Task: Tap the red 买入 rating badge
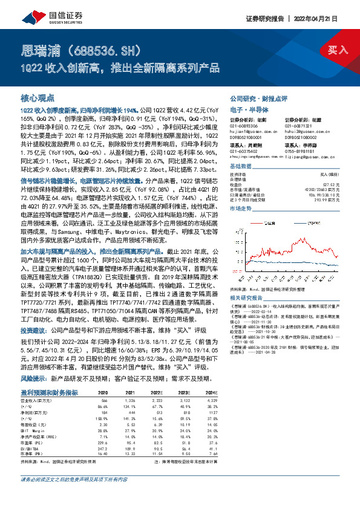(336, 49)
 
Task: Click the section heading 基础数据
(241, 166)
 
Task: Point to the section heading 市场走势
(241, 207)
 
